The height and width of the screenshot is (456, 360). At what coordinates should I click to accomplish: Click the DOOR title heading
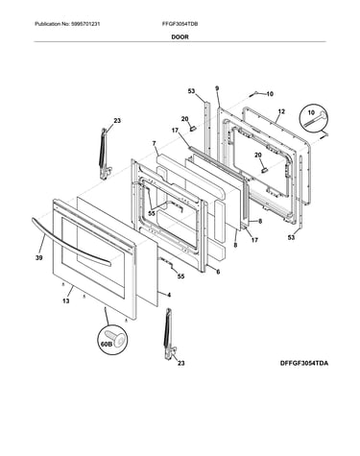[x=180, y=36]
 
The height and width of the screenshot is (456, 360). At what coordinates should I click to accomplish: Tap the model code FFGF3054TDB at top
[x=180, y=24]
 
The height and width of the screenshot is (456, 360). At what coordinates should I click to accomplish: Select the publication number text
[x=67, y=24]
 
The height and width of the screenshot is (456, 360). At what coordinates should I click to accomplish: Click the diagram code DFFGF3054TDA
[x=304, y=363]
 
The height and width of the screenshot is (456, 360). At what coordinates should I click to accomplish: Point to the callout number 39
[x=38, y=258]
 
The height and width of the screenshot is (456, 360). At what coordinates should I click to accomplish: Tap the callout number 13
[x=65, y=300]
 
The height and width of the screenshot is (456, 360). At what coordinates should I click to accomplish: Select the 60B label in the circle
[x=106, y=345]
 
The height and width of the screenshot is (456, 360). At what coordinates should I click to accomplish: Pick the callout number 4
[x=169, y=295]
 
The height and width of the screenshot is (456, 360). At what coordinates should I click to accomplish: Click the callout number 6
[x=218, y=272]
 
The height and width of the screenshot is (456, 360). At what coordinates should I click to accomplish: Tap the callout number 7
[x=155, y=143]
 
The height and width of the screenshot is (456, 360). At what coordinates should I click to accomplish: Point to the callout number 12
[x=281, y=111]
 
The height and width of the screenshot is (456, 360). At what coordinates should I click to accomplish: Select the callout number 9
[x=217, y=88]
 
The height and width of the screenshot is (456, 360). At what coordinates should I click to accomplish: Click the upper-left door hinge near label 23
[x=105, y=154]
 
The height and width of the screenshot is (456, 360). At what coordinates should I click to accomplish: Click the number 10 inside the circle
[x=311, y=112]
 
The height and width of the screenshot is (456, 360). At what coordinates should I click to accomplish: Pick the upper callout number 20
[x=184, y=119]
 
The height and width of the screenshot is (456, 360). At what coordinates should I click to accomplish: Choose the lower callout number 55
[x=180, y=276]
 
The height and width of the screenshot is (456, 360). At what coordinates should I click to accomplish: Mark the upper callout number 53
[x=191, y=91]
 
